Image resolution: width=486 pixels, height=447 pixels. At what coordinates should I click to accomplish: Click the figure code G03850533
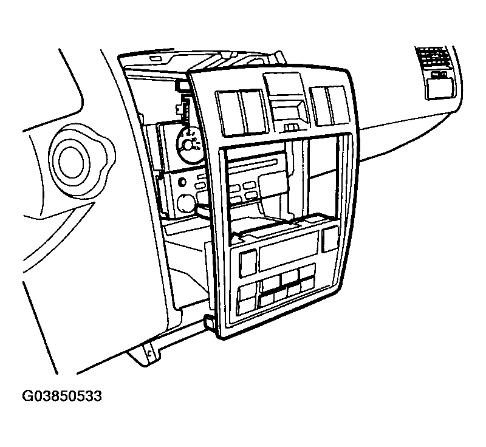click(62, 396)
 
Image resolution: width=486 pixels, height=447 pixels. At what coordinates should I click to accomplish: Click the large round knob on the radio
click(186, 203)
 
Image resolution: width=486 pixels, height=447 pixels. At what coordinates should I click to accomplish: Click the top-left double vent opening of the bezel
click(241, 112)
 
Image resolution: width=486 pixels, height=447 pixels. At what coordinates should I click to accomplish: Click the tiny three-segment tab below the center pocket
click(291, 128)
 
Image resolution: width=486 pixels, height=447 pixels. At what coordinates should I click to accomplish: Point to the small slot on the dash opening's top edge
click(154, 58)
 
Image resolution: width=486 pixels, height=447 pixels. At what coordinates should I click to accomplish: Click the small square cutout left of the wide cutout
click(248, 263)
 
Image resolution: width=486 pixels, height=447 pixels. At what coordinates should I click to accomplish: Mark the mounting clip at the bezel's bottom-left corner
click(209, 321)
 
